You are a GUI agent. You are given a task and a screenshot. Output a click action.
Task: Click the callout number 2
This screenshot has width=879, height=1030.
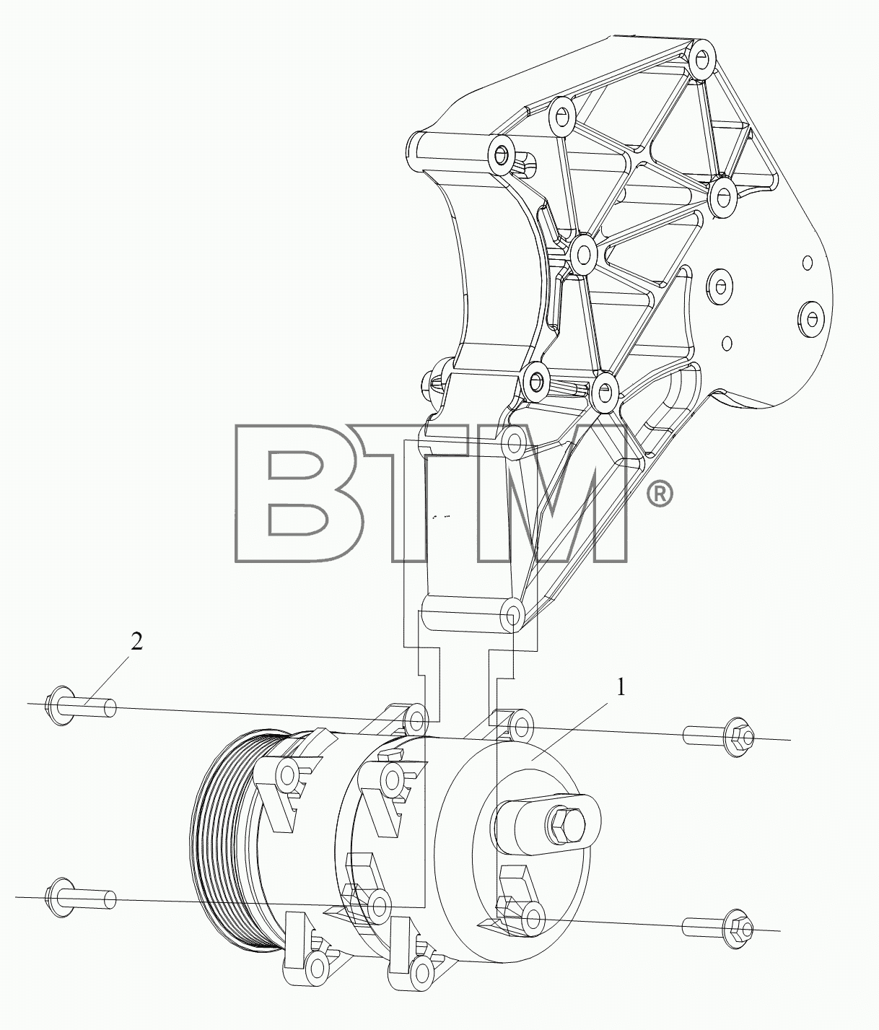point(136,642)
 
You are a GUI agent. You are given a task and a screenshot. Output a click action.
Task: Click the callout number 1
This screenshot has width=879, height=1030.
point(621,688)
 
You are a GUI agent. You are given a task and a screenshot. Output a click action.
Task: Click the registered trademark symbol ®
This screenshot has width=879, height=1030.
point(660,494)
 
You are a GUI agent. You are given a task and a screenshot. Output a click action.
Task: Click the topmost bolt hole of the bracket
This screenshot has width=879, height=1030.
point(702,60)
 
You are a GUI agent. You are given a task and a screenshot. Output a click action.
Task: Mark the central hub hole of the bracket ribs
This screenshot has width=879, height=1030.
point(582,255)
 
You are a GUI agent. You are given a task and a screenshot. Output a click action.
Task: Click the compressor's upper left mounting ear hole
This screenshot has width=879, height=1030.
point(416,720)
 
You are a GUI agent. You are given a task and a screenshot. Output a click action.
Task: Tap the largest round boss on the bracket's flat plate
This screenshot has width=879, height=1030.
point(810,317)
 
